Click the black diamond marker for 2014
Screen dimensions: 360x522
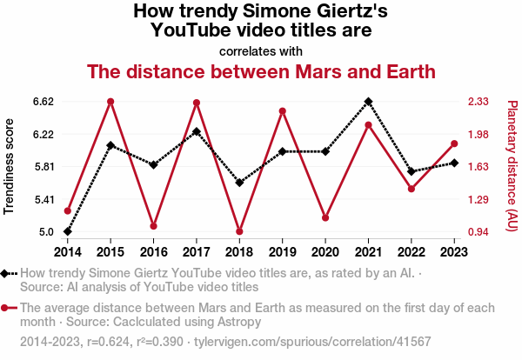coord(68,231)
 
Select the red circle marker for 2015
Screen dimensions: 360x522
coord(110,102)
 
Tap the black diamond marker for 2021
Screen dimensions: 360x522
coord(368,102)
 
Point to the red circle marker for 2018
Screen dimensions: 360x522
coord(239,231)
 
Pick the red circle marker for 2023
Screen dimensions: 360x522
coord(454,143)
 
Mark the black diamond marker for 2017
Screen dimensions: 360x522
coord(197,131)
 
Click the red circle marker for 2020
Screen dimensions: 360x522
coord(325,217)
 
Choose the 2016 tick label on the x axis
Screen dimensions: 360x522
coord(153,252)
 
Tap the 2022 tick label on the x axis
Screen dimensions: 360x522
coord(412,252)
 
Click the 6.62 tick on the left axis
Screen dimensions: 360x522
coord(43,102)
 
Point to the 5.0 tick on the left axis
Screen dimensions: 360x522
coord(46,231)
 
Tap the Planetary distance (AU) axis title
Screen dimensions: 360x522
coord(512,166)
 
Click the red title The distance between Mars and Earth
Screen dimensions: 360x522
coord(261,71)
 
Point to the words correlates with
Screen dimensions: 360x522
coord(261,50)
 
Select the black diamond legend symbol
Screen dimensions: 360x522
coord(8,273)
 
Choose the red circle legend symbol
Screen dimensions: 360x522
coord(8,308)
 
